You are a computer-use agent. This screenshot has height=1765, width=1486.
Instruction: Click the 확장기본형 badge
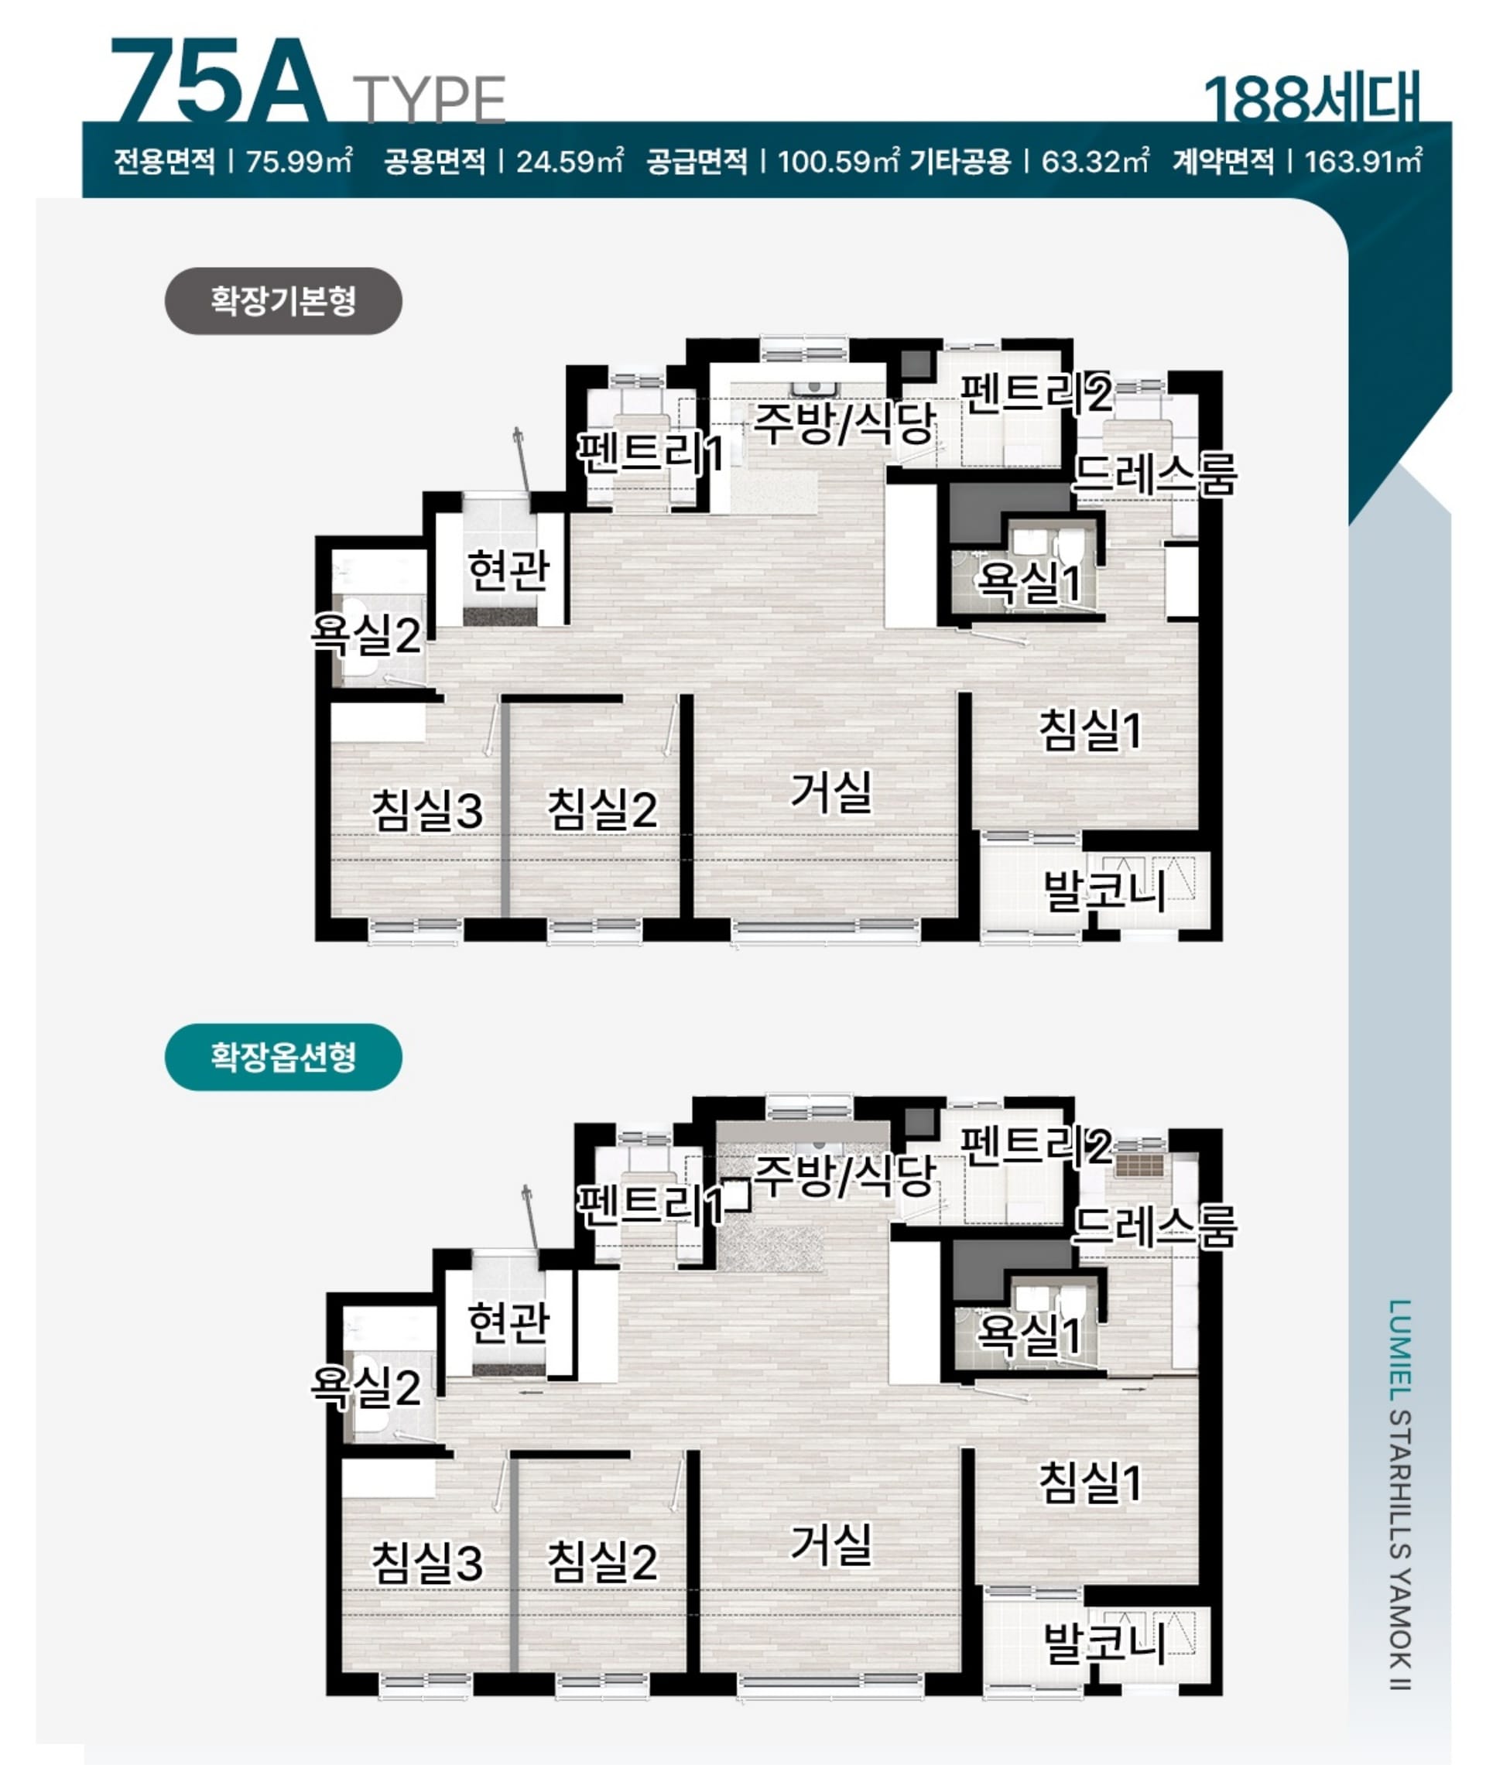click(x=283, y=301)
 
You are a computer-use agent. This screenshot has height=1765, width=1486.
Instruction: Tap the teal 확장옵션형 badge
click(x=283, y=1057)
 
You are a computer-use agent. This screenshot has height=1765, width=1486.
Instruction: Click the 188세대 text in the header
click(x=1312, y=99)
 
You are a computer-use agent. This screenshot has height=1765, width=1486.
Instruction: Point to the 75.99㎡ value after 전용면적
click(x=299, y=161)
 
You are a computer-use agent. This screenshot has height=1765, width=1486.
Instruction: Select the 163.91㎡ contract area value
click(x=1363, y=161)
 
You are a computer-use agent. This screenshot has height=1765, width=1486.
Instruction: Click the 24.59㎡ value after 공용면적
click(x=570, y=161)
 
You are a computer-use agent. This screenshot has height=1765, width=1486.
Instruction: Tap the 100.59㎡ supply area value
click(x=838, y=161)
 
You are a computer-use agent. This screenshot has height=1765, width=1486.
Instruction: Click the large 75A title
click(x=218, y=83)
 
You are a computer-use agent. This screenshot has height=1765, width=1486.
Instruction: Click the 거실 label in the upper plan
click(x=830, y=792)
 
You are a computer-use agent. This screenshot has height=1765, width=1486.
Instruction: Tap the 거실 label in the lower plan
click(x=830, y=1544)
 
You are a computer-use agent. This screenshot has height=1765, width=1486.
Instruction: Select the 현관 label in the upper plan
click(x=508, y=570)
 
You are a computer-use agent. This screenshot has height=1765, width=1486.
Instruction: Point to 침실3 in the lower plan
click(x=428, y=1562)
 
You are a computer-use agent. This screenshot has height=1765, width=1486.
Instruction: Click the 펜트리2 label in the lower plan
click(x=1036, y=1145)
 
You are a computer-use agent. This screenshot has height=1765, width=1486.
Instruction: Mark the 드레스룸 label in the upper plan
click(x=1155, y=474)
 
